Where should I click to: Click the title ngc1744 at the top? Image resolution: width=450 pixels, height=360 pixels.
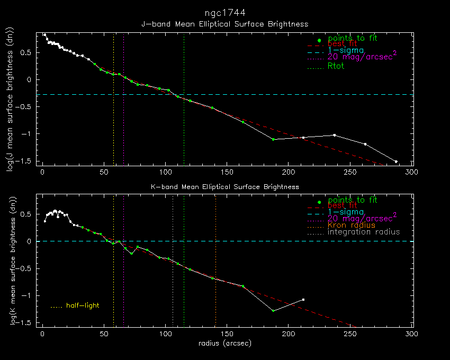click(224, 12)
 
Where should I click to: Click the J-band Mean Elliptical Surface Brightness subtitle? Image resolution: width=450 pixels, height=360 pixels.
click(224, 24)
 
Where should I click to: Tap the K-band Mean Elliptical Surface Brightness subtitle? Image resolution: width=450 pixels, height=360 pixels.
click(224, 187)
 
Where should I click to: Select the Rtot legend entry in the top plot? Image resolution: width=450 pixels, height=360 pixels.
click(336, 66)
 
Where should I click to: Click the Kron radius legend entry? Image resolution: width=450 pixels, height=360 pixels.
click(351, 225)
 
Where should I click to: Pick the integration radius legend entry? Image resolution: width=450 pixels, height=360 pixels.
click(364, 232)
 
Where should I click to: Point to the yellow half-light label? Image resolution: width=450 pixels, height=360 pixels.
click(83, 305)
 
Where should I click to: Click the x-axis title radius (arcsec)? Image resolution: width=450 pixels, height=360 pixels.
click(224, 344)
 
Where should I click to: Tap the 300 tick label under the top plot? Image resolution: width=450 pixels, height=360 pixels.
click(411, 172)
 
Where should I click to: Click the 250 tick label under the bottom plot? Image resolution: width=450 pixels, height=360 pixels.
click(350, 334)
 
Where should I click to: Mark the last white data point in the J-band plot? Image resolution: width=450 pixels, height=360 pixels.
click(396, 161)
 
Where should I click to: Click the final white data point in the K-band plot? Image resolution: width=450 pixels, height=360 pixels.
click(303, 300)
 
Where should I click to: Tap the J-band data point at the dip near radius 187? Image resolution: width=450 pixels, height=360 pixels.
click(273, 139)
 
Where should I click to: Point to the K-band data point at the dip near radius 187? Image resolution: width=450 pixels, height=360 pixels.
click(273, 311)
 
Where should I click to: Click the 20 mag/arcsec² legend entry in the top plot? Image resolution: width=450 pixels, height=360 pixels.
click(362, 57)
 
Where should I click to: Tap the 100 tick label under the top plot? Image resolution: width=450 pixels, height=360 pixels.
click(165, 172)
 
